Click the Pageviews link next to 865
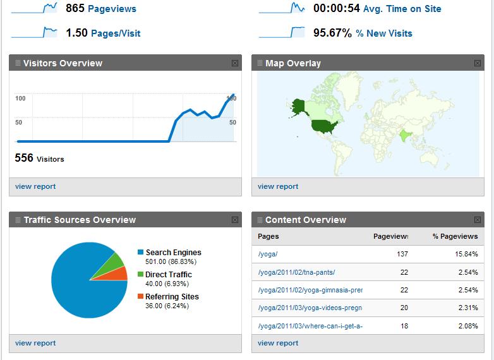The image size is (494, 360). click(112, 9)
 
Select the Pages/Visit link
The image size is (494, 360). click(116, 33)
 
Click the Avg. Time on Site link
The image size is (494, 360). click(402, 9)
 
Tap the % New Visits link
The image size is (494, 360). click(384, 33)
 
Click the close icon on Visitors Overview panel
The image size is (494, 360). click(235, 63)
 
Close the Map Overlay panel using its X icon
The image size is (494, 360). click(478, 63)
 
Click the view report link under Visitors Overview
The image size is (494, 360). click(35, 186)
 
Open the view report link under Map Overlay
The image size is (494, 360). click(278, 186)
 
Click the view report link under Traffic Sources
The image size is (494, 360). click(35, 343)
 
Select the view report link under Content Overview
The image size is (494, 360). click(278, 343)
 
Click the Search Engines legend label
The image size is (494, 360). click(173, 253)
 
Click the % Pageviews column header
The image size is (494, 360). click(455, 236)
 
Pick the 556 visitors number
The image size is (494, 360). click(24, 159)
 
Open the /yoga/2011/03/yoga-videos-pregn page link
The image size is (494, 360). click(310, 308)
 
